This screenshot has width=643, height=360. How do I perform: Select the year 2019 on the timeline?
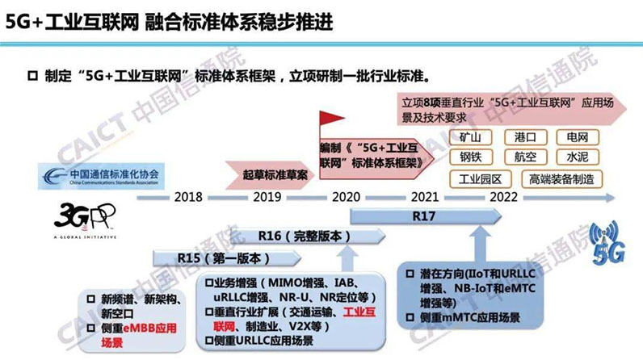point(268,197)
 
